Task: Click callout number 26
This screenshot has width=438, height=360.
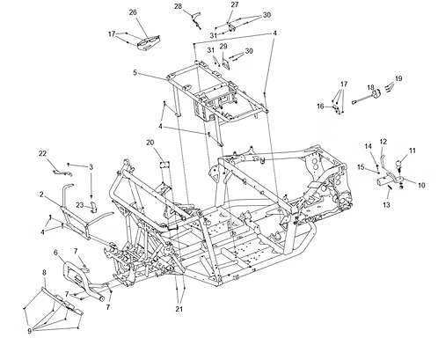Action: point(133,12)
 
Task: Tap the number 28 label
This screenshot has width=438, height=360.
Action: point(179,6)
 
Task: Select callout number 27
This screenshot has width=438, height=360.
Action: point(235,4)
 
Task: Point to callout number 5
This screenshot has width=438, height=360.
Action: point(135,72)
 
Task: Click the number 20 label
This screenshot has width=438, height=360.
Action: point(150,143)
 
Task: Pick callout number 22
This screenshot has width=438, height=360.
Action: point(43,153)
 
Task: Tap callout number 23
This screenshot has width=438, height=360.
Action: point(80,205)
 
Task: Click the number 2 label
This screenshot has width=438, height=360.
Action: point(41,195)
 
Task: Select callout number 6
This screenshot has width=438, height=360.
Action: point(56,253)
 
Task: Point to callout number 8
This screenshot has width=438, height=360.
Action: point(44,273)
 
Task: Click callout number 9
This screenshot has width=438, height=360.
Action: point(29,331)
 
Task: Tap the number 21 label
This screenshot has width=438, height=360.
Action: point(179,309)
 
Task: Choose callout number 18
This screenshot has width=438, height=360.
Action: point(370,87)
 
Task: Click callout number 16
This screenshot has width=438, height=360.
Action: point(320,107)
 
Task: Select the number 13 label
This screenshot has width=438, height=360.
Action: point(386,204)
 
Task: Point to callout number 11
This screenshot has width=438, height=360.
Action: point(412,151)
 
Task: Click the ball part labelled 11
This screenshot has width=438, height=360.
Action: point(398,164)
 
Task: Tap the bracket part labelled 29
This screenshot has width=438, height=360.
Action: point(226,64)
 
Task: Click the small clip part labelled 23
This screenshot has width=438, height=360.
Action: point(93,207)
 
